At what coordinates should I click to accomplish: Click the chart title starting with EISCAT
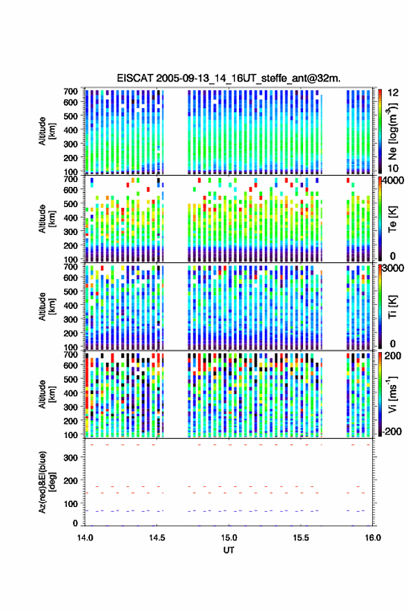(x=229, y=78)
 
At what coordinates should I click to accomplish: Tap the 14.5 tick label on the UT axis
(x=157, y=538)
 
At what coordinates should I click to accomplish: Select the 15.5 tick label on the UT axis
(x=300, y=538)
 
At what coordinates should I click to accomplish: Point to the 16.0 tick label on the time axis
(x=373, y=538)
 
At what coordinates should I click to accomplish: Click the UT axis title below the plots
(x=229, y=550)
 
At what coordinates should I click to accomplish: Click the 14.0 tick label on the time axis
(x=85, y=538)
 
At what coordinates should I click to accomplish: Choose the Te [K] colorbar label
(x=392, y=219)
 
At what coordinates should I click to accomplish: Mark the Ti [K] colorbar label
(x=392, y=307)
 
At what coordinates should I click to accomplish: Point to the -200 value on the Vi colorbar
(x=390, y=431)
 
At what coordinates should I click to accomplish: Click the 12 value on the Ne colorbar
(x=393, y=93)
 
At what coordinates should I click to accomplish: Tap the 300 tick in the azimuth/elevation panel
(x=70, y=457)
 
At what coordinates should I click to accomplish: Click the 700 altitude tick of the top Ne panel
(x=70, y=91)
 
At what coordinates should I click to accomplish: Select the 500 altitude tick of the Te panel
(x=70, y=204)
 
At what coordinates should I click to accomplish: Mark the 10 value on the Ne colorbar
(x=393, y=169)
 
